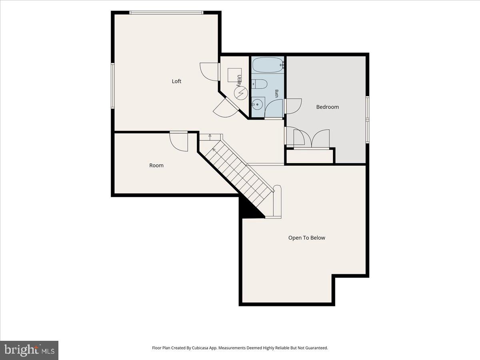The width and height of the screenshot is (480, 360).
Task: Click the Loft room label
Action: click(176, 81)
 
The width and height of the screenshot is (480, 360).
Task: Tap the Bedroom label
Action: click(327, 107)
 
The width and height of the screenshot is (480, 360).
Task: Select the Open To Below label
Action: click(306, 238)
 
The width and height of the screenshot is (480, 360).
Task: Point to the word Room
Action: click(156, 166)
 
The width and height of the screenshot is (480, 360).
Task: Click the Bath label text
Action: click(276, 94)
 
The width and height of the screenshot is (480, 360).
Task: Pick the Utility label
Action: click(239, 81)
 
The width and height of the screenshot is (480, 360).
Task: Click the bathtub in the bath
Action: click(268, 65)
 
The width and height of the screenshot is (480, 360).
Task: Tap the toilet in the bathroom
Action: click(259, 84)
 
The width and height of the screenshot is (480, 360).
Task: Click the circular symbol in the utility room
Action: click(240, 93)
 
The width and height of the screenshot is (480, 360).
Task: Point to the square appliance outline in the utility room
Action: click(234, 75)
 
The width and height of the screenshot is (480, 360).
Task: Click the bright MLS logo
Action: click(29, 350)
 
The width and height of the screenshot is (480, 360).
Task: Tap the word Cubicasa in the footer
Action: click(200, 348)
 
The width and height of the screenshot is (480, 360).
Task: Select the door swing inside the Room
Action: click(179, 142)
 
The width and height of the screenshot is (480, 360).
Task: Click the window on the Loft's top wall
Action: click(166, 12)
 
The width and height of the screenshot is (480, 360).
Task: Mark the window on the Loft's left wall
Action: click(113, 86)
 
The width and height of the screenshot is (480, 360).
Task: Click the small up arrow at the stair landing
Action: click(210, 137)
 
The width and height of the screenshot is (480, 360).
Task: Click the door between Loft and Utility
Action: click(209, 72)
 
